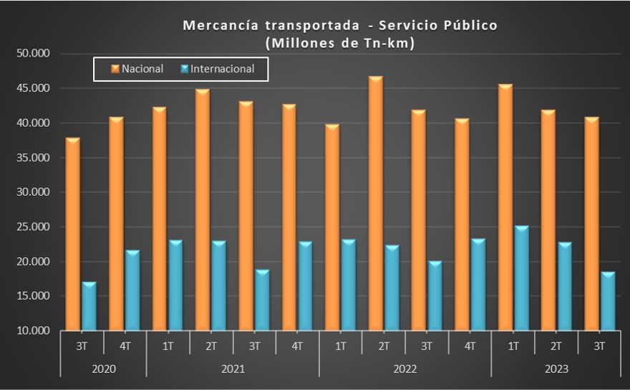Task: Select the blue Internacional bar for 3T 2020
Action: pyautogui.click(x=89, y=306)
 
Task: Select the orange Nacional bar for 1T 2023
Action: pyautogui.click(x=505, y=207)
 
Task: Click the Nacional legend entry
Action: pyautogui.click(x=137, y=69)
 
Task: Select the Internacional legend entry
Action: pyautogui.click(x=218, y=69)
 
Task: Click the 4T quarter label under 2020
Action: pyautogui.click(x=125, y=346)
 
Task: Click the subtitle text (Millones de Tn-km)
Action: pyautogui.click(x=340, y=43)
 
